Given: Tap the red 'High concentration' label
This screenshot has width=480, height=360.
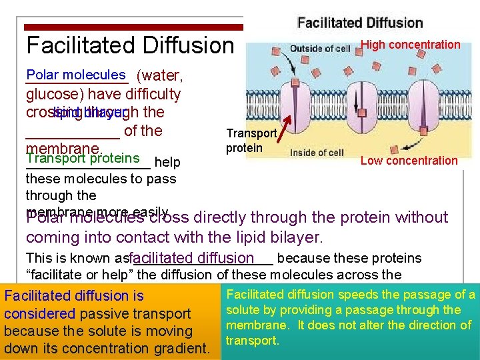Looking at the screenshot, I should tap(410, 45).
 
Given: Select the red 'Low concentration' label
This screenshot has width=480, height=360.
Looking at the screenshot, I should tap(409, 161).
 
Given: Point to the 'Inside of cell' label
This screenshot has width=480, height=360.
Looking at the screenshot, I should tap(317, 153).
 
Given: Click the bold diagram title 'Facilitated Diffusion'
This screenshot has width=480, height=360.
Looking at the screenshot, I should tap(360, 23).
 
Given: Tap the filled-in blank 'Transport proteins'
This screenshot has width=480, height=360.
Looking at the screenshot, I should tap(83, 158).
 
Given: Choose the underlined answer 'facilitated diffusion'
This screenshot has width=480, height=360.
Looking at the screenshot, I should tap(193, 258).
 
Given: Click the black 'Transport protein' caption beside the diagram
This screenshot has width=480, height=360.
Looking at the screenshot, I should tap(251, 141).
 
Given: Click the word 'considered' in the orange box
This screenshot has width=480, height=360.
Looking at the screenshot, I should tap(39, 313).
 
